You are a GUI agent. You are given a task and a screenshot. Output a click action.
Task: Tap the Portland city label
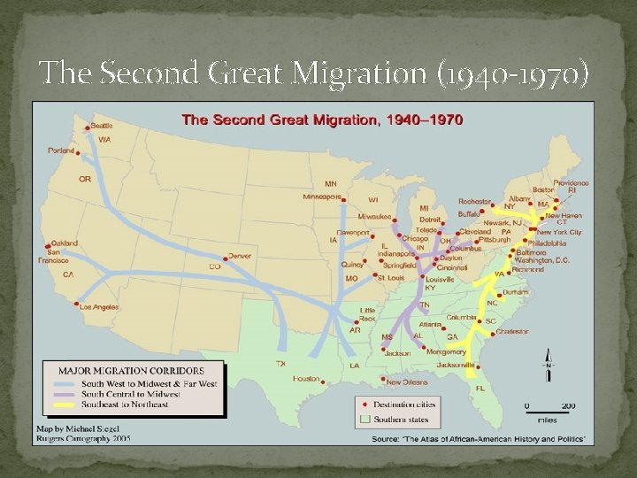[62, 150]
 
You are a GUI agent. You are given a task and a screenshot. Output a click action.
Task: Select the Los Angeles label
[99, 307]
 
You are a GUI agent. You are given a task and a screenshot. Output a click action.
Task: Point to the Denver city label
[239, 256]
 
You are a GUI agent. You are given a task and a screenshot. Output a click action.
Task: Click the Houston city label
[305, 378]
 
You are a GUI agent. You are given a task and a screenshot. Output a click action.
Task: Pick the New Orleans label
[408, 382]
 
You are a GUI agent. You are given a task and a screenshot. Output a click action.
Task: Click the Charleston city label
[511, 331]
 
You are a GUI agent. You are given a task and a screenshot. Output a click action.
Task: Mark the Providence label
[572, 182]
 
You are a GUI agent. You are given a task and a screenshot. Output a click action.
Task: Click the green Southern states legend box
[364, 420]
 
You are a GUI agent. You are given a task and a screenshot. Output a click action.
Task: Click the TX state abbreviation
[280, 364]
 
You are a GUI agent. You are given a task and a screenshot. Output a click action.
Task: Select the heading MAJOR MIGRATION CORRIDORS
[131, 370]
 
